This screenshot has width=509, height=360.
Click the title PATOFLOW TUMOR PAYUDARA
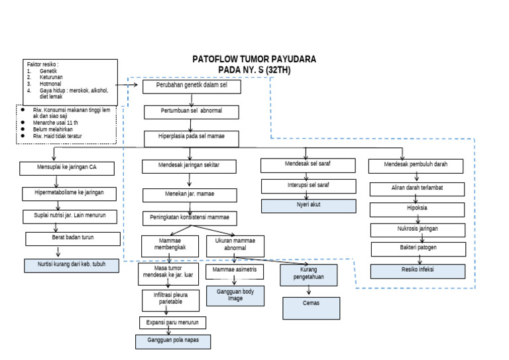point(254,59)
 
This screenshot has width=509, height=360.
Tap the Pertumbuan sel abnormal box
point(192,112)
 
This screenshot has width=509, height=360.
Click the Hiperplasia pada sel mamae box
point(192,138)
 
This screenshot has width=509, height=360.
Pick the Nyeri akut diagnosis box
point(308,205)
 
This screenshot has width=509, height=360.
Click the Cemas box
point(311,307)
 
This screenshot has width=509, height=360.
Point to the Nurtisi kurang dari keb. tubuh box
point(73,265)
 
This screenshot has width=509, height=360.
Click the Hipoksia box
point(417,209)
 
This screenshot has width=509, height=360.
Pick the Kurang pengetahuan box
point(309,274)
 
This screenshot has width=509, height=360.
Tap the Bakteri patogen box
point(414,249)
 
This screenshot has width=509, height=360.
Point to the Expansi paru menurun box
point(172,322)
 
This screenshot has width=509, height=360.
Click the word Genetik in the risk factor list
point(49,71)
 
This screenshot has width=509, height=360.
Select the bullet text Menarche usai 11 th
point(56,123)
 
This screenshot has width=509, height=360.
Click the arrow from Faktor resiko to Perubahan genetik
point(129,85)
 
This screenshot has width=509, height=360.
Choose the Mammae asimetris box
point(235,271)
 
